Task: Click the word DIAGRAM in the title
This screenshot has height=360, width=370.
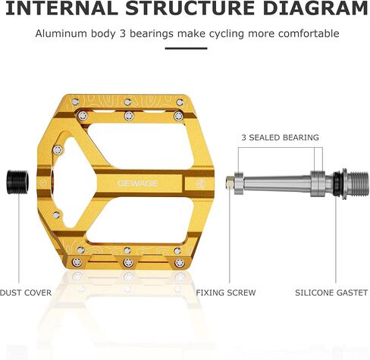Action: (x=315, y=8)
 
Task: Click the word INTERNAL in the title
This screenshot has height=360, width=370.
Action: (x=61, y=8)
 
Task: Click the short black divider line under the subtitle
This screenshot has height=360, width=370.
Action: (x=187, y=49)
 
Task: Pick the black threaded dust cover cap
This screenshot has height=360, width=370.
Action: (x=17, y=183)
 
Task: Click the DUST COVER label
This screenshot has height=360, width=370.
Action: (x=26, y=293)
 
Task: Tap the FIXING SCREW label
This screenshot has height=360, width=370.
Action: (x=226, y=293)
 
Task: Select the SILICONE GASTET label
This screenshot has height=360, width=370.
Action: (x=331, y=293)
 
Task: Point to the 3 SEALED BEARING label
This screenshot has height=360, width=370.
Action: (x=280, y=137)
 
